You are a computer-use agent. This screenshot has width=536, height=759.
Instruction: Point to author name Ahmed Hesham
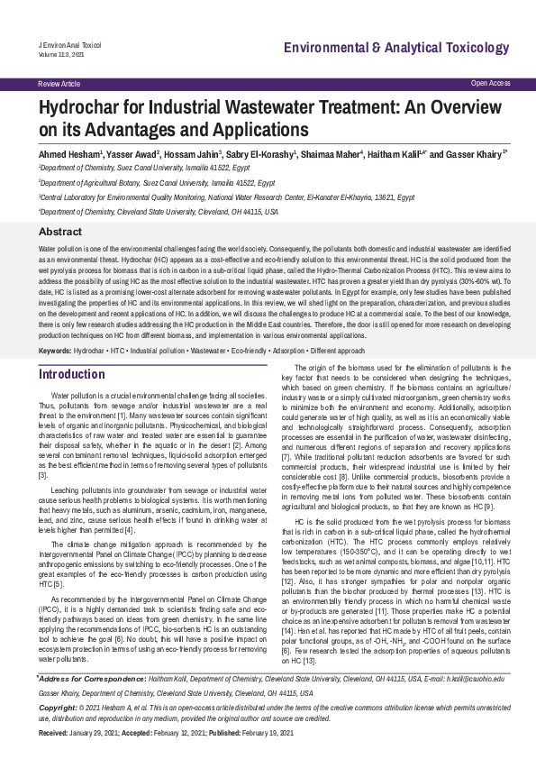68,154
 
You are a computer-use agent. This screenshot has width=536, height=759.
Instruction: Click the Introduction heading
72,374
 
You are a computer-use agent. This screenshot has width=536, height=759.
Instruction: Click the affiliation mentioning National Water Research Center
226,196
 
